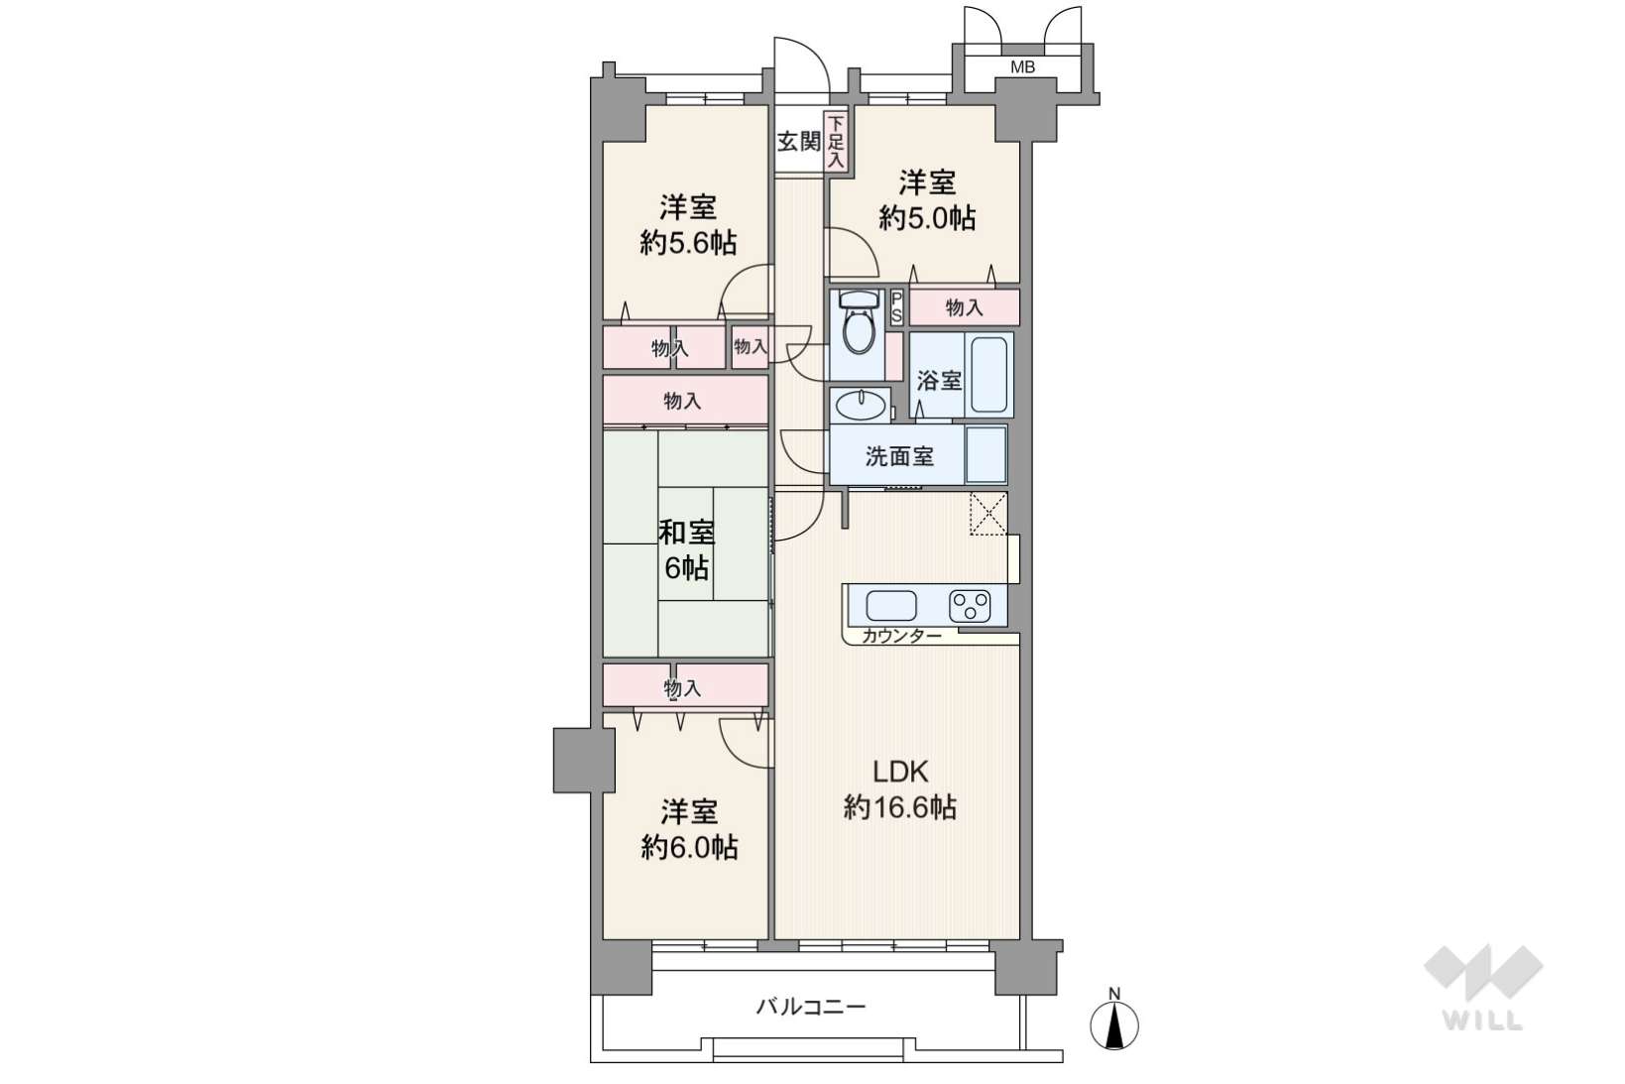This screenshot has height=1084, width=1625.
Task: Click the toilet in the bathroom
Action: [859, 323]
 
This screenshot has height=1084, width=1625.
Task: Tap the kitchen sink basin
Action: [891, 606]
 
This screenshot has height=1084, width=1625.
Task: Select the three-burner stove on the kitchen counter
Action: [970, 606]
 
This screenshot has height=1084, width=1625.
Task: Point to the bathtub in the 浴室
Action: [988, 375]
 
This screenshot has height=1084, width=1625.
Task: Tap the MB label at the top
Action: [1023, 67]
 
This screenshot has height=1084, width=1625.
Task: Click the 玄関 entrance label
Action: [799, 141]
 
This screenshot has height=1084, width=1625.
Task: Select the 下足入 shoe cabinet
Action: [836, 142]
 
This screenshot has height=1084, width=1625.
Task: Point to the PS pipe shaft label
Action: [896, 307]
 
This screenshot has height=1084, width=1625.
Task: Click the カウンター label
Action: [901, 637]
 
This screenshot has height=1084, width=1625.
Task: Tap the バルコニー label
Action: [811, 1007]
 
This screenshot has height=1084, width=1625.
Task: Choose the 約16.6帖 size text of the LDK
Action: [899, 807]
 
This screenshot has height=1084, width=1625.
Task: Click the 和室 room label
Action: [686, 533]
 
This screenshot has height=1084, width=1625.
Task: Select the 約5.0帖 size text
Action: [927, 217]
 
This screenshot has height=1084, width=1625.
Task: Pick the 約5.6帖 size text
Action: [688, 242]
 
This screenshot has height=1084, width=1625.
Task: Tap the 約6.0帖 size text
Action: [689, 847]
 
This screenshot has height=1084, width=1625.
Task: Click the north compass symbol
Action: [1114, 1020]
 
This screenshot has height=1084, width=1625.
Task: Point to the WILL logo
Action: [1483, 987]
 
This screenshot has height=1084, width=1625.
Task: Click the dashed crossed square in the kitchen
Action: [988, 514]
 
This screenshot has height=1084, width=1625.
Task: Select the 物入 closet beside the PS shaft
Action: [964, 307]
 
